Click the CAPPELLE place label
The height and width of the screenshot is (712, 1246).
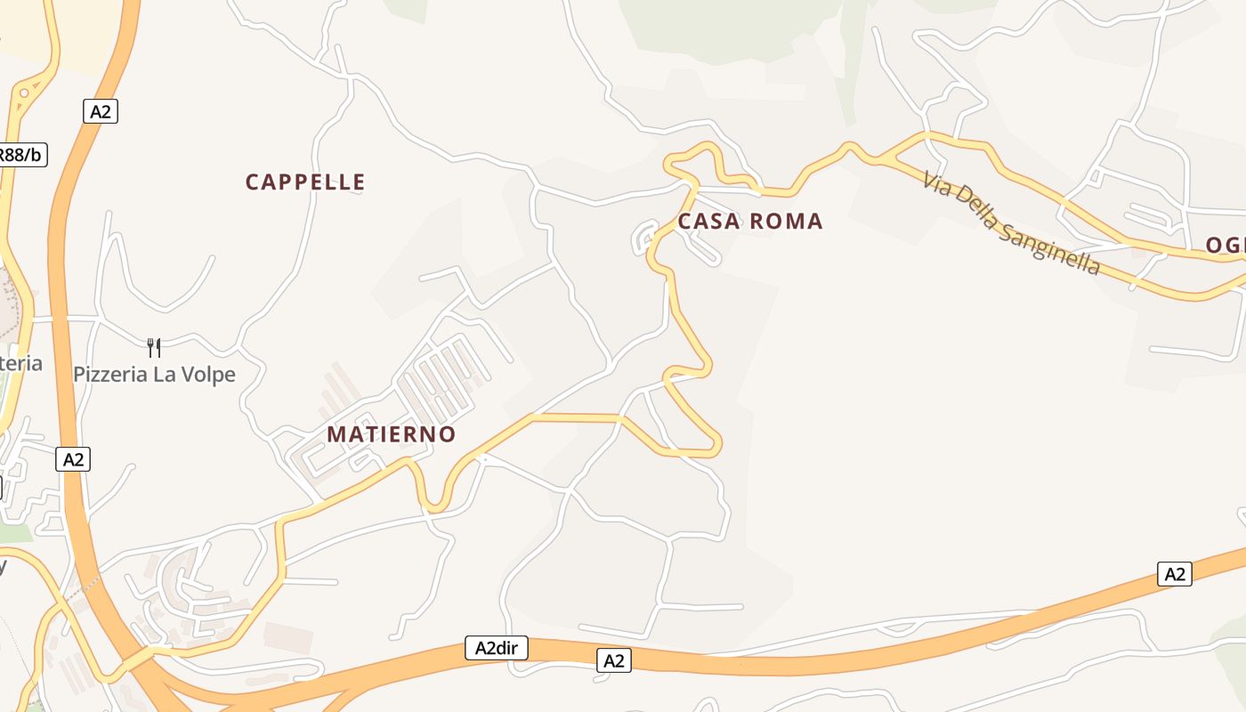[x=305, y=182]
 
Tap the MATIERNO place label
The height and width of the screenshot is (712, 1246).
[x=392, y=434]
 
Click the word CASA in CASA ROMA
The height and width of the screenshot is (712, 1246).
[x=708, y=222]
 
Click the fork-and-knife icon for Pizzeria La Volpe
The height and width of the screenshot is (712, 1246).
[x=154, y=347]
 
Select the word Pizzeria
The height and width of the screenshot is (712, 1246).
[x=110, y=375]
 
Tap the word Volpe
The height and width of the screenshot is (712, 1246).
[x=207, y=375]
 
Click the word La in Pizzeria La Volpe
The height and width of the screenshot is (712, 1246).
[x=164, y=375]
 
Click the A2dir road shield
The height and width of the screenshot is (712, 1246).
[x=497, y=648]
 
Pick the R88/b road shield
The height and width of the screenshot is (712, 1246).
[x=20, y=155]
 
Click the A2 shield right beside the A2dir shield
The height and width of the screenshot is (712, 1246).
[x=613, y=660]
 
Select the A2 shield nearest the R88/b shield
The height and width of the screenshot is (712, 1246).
[x=101, y=111]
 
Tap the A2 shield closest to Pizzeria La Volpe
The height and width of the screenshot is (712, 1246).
[x=73, y=459]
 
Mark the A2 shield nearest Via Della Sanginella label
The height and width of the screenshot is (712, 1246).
[x=1175, y=574]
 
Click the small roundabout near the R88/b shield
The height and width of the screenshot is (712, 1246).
[x=24, y=91]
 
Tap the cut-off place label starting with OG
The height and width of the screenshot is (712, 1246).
[x=1226, y=246]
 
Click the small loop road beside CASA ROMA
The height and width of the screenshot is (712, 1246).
[x=645, y=239]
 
